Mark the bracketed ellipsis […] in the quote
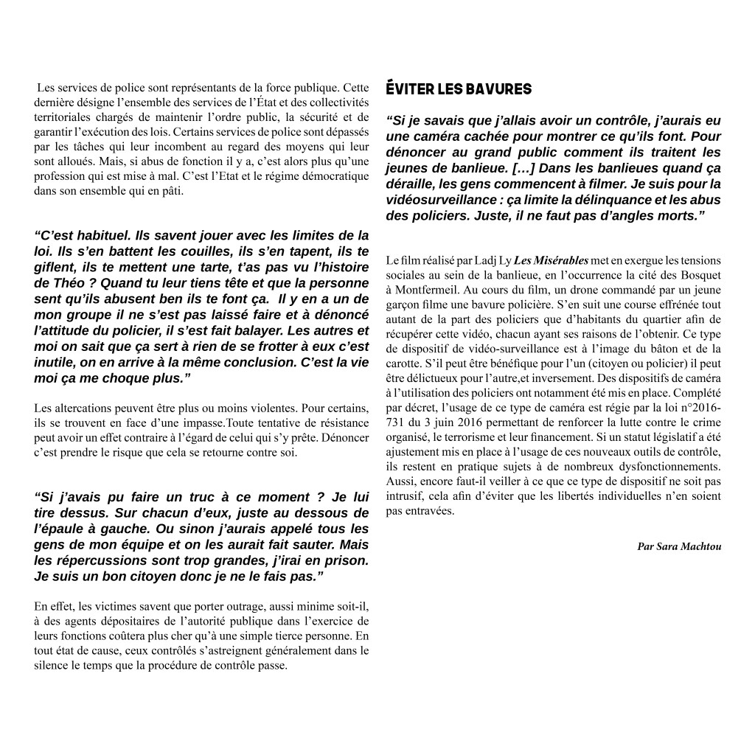coord(524,168)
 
